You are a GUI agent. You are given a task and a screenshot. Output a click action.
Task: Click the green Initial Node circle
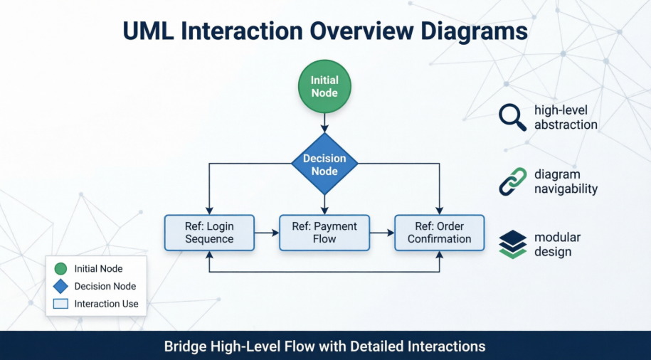324,86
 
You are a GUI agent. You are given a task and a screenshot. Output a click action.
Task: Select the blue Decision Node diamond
324,164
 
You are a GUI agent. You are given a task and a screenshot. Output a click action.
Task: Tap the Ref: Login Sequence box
209,233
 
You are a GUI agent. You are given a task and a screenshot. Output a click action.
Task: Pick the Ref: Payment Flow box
324,233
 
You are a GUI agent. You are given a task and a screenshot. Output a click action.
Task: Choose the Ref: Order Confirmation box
439,233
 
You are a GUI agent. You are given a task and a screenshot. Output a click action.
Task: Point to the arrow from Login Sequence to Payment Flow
267,233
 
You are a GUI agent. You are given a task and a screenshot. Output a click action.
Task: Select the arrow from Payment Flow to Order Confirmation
382,233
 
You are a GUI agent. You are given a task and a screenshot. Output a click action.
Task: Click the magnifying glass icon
512,117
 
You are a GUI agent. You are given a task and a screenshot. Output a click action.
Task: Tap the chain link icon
512,181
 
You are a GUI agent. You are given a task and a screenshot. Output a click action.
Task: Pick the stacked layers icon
512,244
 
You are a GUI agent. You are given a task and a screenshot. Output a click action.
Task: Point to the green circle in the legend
60,269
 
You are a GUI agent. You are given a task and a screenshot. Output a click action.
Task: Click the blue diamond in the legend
60,286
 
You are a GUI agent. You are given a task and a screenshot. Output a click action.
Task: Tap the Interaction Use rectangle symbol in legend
60,304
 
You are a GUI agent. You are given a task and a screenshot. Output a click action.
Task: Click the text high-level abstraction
566,117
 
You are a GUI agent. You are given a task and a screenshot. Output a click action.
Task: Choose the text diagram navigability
566,181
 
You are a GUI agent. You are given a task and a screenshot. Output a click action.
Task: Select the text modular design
558,244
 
